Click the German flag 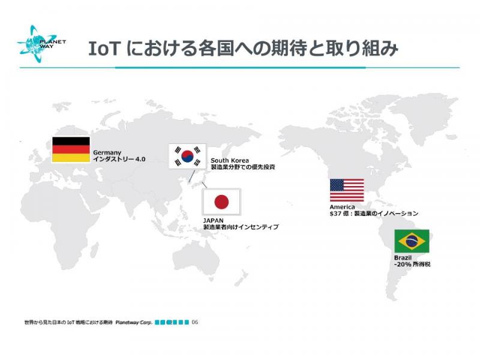tap(71, 149)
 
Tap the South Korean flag tap(187, 156)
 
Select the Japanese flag tap(221, 202)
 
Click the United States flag tap(347, 190)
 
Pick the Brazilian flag tap(412, 241)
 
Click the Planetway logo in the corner tap(41, 44)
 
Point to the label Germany tap(107, 152)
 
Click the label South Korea tap(230, 160)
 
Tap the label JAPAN tap(214, 220)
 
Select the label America tap(342, 207)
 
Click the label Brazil tap(403, 258)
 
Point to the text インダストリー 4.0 tap(119, 159)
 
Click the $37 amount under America tap(335, 214)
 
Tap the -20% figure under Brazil tap(403, 264)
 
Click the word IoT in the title tap(103, 49)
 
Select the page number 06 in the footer tap(195, 322)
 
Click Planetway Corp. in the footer tap(134, 322)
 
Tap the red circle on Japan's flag tap(221, 202)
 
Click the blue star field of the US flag tap(337, 185)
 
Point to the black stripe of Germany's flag tap(71, 141)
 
